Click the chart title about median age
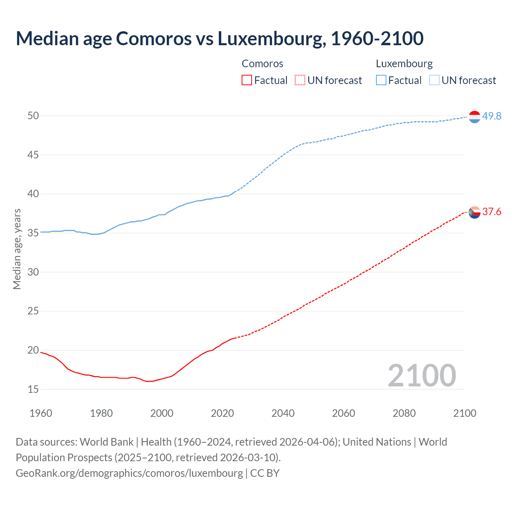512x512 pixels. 219,39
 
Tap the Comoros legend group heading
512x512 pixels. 262,64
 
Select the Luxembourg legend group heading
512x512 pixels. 404,64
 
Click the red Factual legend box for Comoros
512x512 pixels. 247,80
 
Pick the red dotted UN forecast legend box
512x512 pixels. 300,80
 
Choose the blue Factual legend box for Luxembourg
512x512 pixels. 381,80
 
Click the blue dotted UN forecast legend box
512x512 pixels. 434,80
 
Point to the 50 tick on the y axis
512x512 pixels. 33,116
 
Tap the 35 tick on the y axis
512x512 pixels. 33,233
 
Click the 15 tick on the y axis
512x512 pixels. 33,389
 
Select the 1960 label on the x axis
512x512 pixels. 41,413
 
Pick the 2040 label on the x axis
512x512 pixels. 283,413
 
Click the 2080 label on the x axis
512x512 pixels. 404,413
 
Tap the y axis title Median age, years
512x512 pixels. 17,249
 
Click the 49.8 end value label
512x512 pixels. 492,116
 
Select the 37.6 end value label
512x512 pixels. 492,212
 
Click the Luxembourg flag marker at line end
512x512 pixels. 474,117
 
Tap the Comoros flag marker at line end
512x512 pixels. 474,212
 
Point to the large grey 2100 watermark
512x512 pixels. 422,375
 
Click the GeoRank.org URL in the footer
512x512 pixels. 129,473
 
